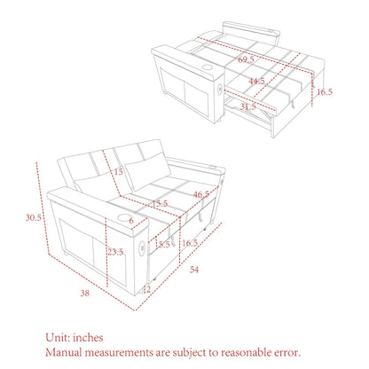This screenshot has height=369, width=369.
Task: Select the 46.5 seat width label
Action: (200, 193)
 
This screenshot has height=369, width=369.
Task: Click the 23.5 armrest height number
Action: (114, 251)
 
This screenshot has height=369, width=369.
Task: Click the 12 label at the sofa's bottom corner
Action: (145, 288)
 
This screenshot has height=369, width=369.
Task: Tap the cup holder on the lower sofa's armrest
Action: (117, 213)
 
